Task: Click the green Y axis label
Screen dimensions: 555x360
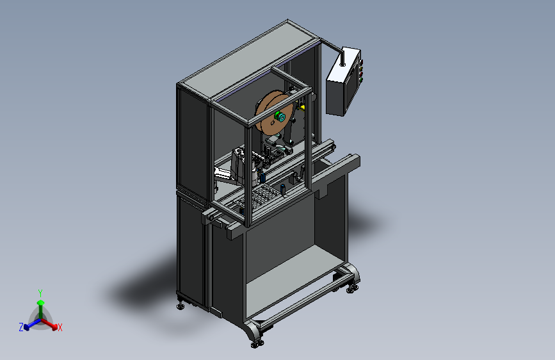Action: tap(40, 293)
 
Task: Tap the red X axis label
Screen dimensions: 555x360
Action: tap(60, 327)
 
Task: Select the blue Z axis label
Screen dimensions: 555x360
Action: tap(21, 327)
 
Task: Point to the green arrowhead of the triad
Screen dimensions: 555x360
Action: tap(41, 302)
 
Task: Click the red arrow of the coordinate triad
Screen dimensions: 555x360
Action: tap(49, 324)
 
